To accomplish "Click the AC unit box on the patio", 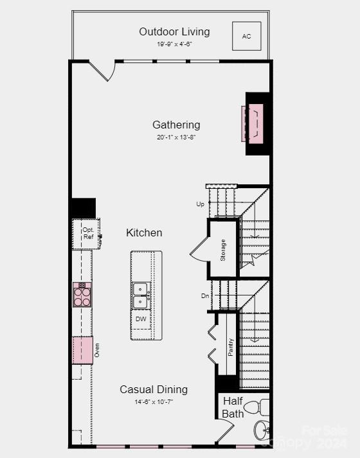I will click(x=246, y=37).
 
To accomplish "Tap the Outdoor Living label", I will click(x=174, y=31).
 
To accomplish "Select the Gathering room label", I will click(x=176, y=125).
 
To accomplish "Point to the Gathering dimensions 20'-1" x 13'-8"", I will click(x=176, y=137).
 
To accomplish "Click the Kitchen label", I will click(x=144, y=233).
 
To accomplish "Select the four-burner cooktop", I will click(x=82, y=295).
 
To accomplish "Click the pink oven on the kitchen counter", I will click(x=82, y=350).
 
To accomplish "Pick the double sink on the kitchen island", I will click(x=141, y=295).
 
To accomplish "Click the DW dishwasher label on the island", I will click(x=141, y=319).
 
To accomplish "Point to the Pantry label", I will click(x=231, y=347).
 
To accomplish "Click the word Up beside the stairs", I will click(x=200, y=204).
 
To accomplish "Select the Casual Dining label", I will click(x=154, y=389).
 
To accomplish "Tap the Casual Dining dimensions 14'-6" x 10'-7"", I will click(x=154, y=401).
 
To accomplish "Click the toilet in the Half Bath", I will click(x=257, y=407).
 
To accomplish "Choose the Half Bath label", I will click(x=233, y=407).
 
